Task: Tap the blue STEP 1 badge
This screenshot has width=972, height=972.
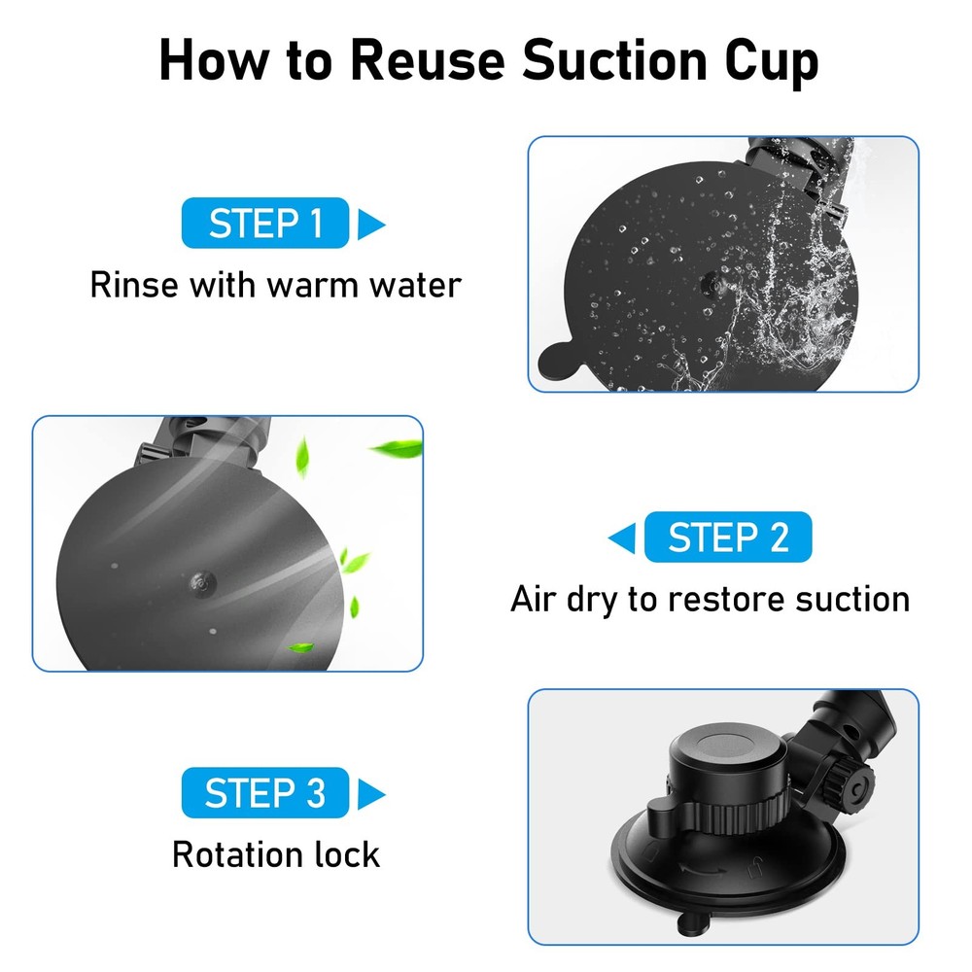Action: point(264,224)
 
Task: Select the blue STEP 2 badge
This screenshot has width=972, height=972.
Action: point(727,538)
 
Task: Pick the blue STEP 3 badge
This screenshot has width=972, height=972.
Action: point(264,793)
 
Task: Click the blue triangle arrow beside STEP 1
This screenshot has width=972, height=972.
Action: point(370,225)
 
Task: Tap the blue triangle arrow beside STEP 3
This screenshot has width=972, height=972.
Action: point(370,794)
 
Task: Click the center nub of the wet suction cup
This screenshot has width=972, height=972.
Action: point(712,282)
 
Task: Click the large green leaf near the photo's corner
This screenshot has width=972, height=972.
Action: point(397,449)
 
